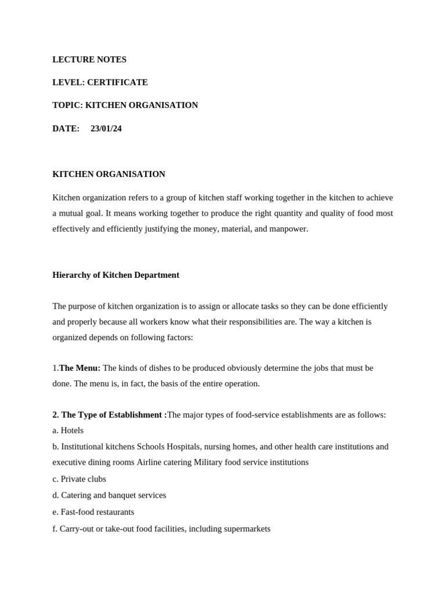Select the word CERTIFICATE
(x=117, y=82)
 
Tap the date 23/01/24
(x=106, y=129)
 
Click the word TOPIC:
(x=67, y=105)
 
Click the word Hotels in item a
(x=72, y=430)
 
